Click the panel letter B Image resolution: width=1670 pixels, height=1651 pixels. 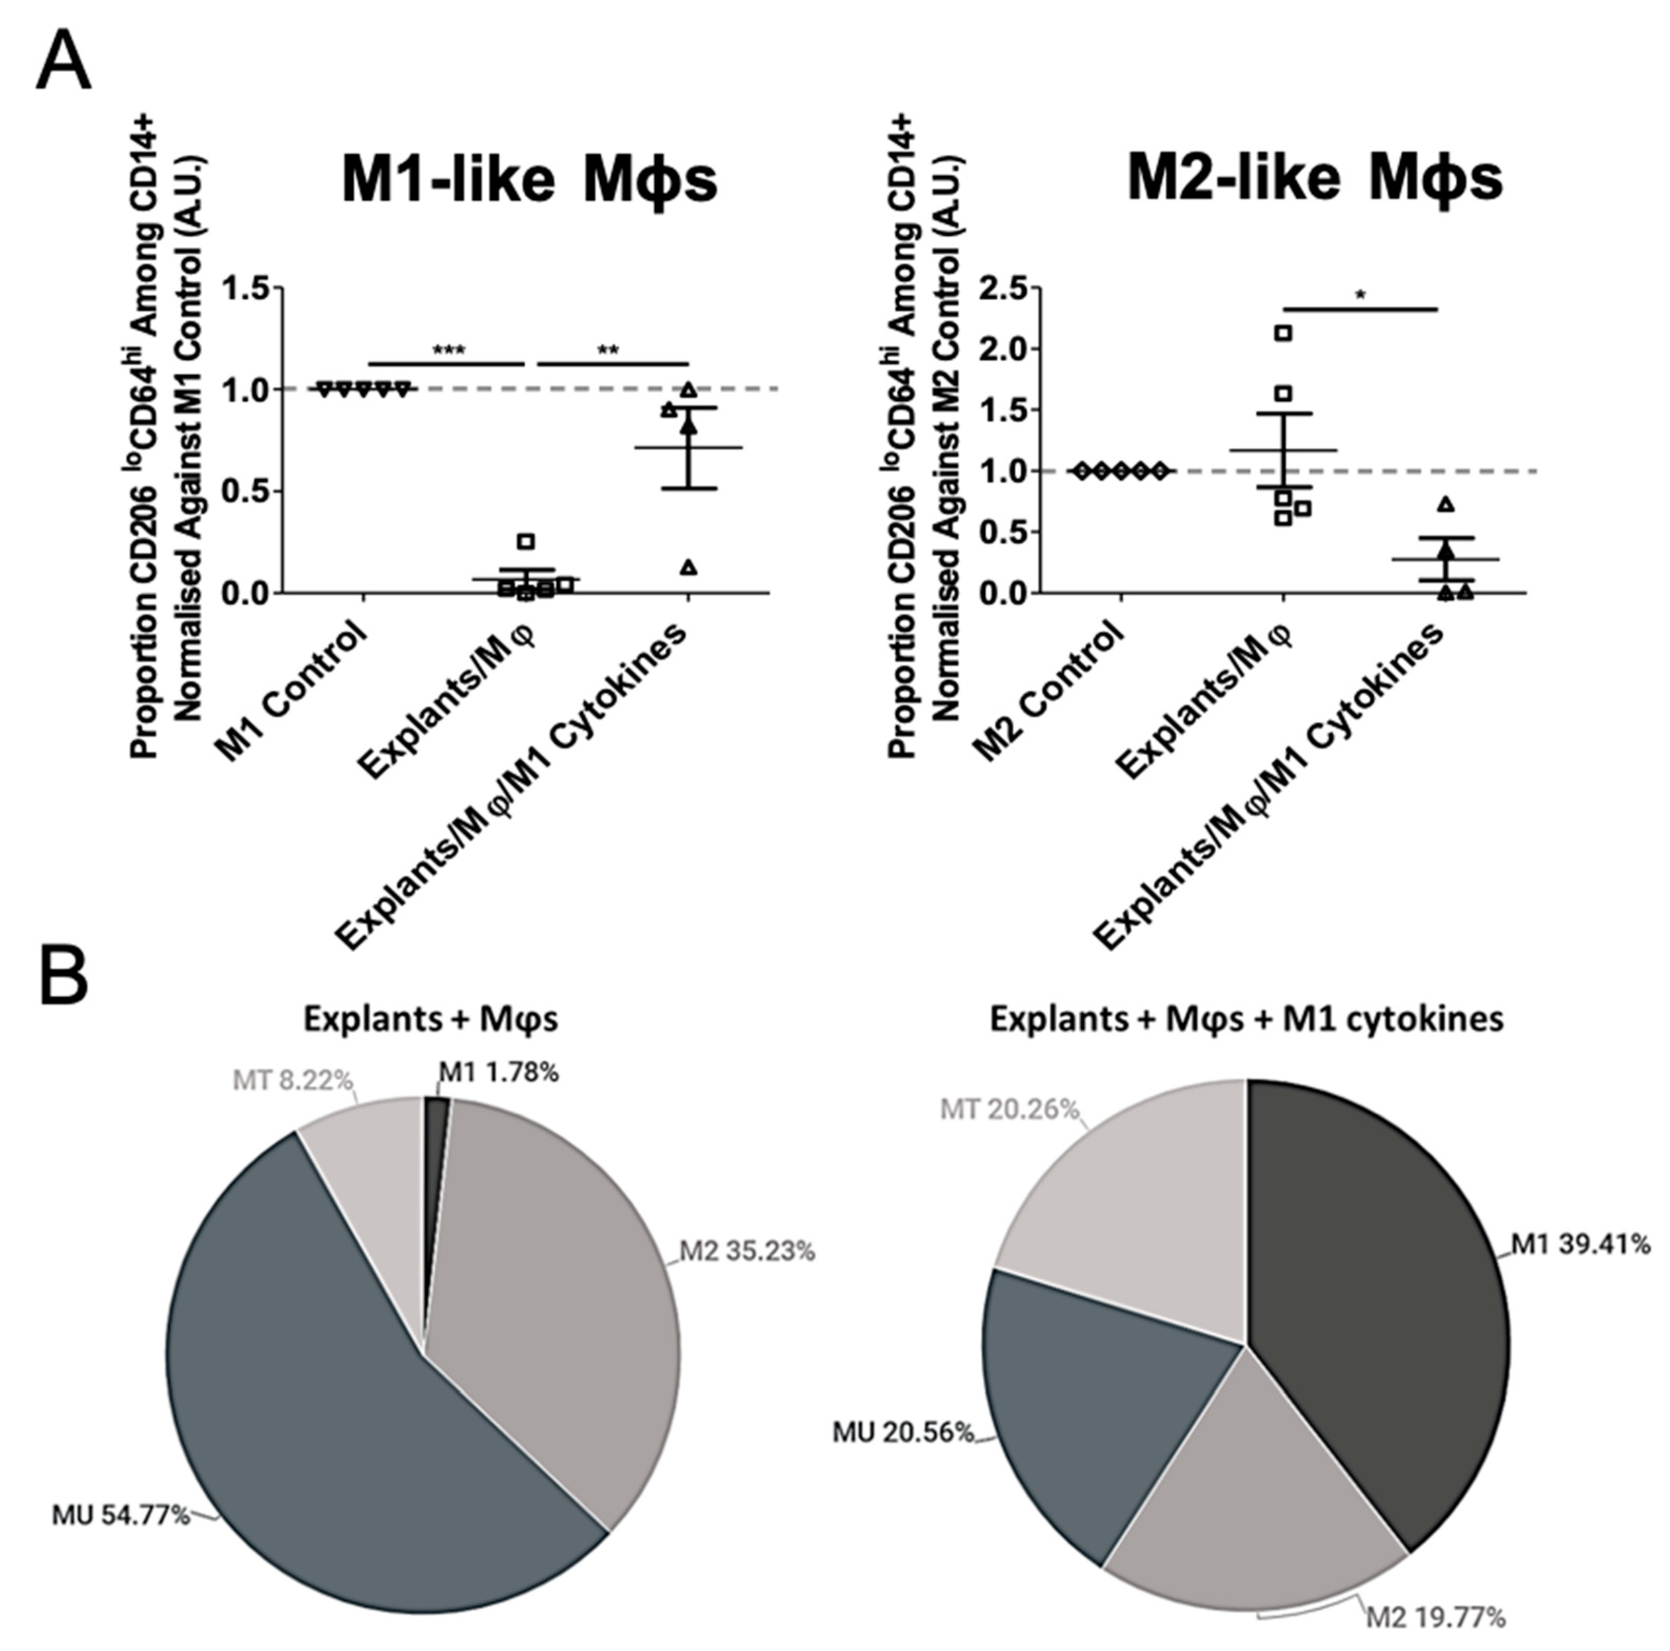pos(64,974)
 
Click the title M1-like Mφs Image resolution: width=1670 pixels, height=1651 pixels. pos(529,179)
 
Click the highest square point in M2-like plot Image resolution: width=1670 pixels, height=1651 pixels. pos(1284,333)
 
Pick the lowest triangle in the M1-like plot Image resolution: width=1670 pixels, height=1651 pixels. pos(689,568)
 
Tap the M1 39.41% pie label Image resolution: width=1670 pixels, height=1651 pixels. pos(1580,1245)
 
